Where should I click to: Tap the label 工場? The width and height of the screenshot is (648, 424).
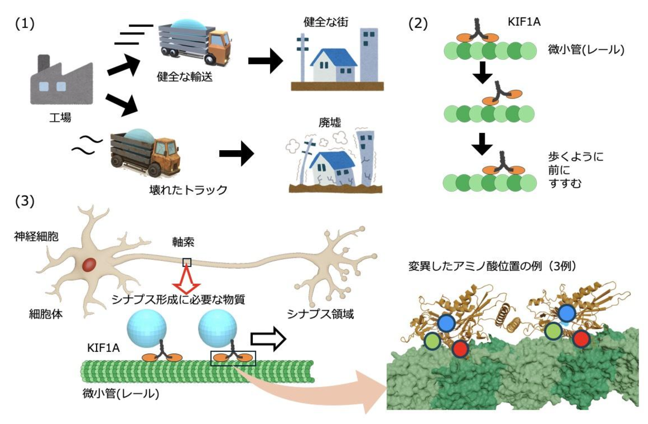click(60, 118)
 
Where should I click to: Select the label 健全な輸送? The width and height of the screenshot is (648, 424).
click(184, 77)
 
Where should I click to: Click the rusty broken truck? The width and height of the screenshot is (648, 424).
click(146, 153)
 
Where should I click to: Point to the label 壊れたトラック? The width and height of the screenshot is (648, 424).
click(188, 190)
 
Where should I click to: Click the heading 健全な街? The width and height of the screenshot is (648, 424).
click(326, 22)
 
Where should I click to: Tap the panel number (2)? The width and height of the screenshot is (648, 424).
click(418, 24)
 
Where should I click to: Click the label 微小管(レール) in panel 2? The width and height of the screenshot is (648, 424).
click(586, 50)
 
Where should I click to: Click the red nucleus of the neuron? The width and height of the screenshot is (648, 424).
click(89, 265)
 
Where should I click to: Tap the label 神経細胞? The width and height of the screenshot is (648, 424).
click(36, 236)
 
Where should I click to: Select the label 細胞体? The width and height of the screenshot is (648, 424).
click(46, 314)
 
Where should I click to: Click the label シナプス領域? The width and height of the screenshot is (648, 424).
click(320, 314)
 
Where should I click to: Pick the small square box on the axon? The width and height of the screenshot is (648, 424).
click(187, 262)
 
